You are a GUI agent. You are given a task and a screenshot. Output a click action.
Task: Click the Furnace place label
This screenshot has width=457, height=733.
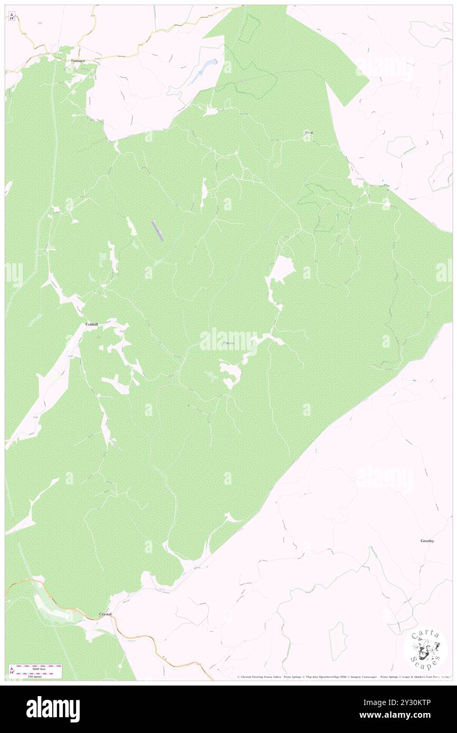point(78,61)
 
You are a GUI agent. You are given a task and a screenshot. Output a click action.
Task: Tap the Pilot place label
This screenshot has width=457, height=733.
point(309,132)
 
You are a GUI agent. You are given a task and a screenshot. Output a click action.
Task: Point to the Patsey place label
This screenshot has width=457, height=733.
point(229,343)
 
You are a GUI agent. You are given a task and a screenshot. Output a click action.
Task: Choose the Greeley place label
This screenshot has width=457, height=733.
point(427,541)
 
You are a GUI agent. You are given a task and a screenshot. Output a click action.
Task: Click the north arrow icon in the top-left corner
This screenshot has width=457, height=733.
point(12,16)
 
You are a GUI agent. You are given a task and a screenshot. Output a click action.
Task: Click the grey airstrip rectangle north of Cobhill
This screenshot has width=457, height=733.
point(158,231)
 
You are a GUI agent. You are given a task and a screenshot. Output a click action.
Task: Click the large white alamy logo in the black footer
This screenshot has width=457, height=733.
point(53,709)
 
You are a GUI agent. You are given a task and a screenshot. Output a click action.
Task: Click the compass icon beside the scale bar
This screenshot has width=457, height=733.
point(11,670)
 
